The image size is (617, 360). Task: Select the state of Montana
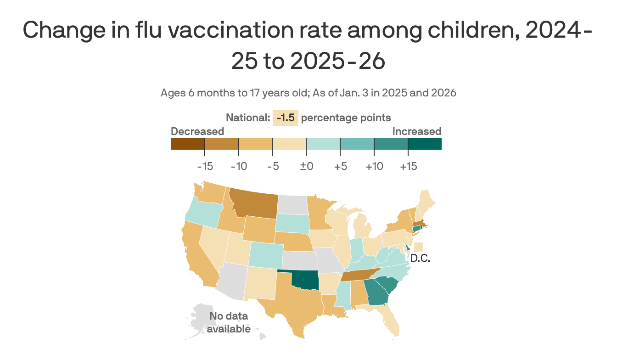[x=255, y=205]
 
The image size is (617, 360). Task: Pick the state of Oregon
[x=202, y=214]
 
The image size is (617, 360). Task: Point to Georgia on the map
[x=379, y=292]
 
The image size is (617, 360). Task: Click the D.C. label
[x=420, y=259]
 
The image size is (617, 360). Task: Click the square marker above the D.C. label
[x=419, y=247]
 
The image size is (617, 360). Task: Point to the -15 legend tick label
[x=205, y=166]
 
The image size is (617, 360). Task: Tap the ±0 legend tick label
[x=306, y=166]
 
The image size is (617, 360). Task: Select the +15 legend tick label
[x=408, y=166]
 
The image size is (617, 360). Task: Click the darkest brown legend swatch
[x=187, y=144]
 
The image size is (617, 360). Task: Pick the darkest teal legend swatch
[x=425, y=144]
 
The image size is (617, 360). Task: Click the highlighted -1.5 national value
[x=286, y=118]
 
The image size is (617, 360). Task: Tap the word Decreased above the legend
[x=197, y=131]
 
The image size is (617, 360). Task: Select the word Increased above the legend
[x=416, y=131]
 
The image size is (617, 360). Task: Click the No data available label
[x=229, y=322]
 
